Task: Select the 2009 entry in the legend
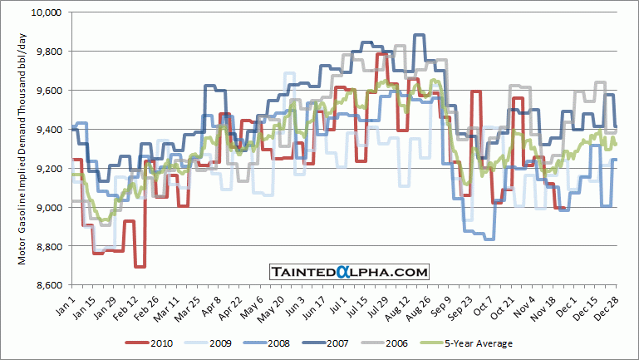coord(215,343)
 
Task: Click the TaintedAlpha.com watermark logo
coord(349,271)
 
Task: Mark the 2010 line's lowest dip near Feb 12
coord(140,266)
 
